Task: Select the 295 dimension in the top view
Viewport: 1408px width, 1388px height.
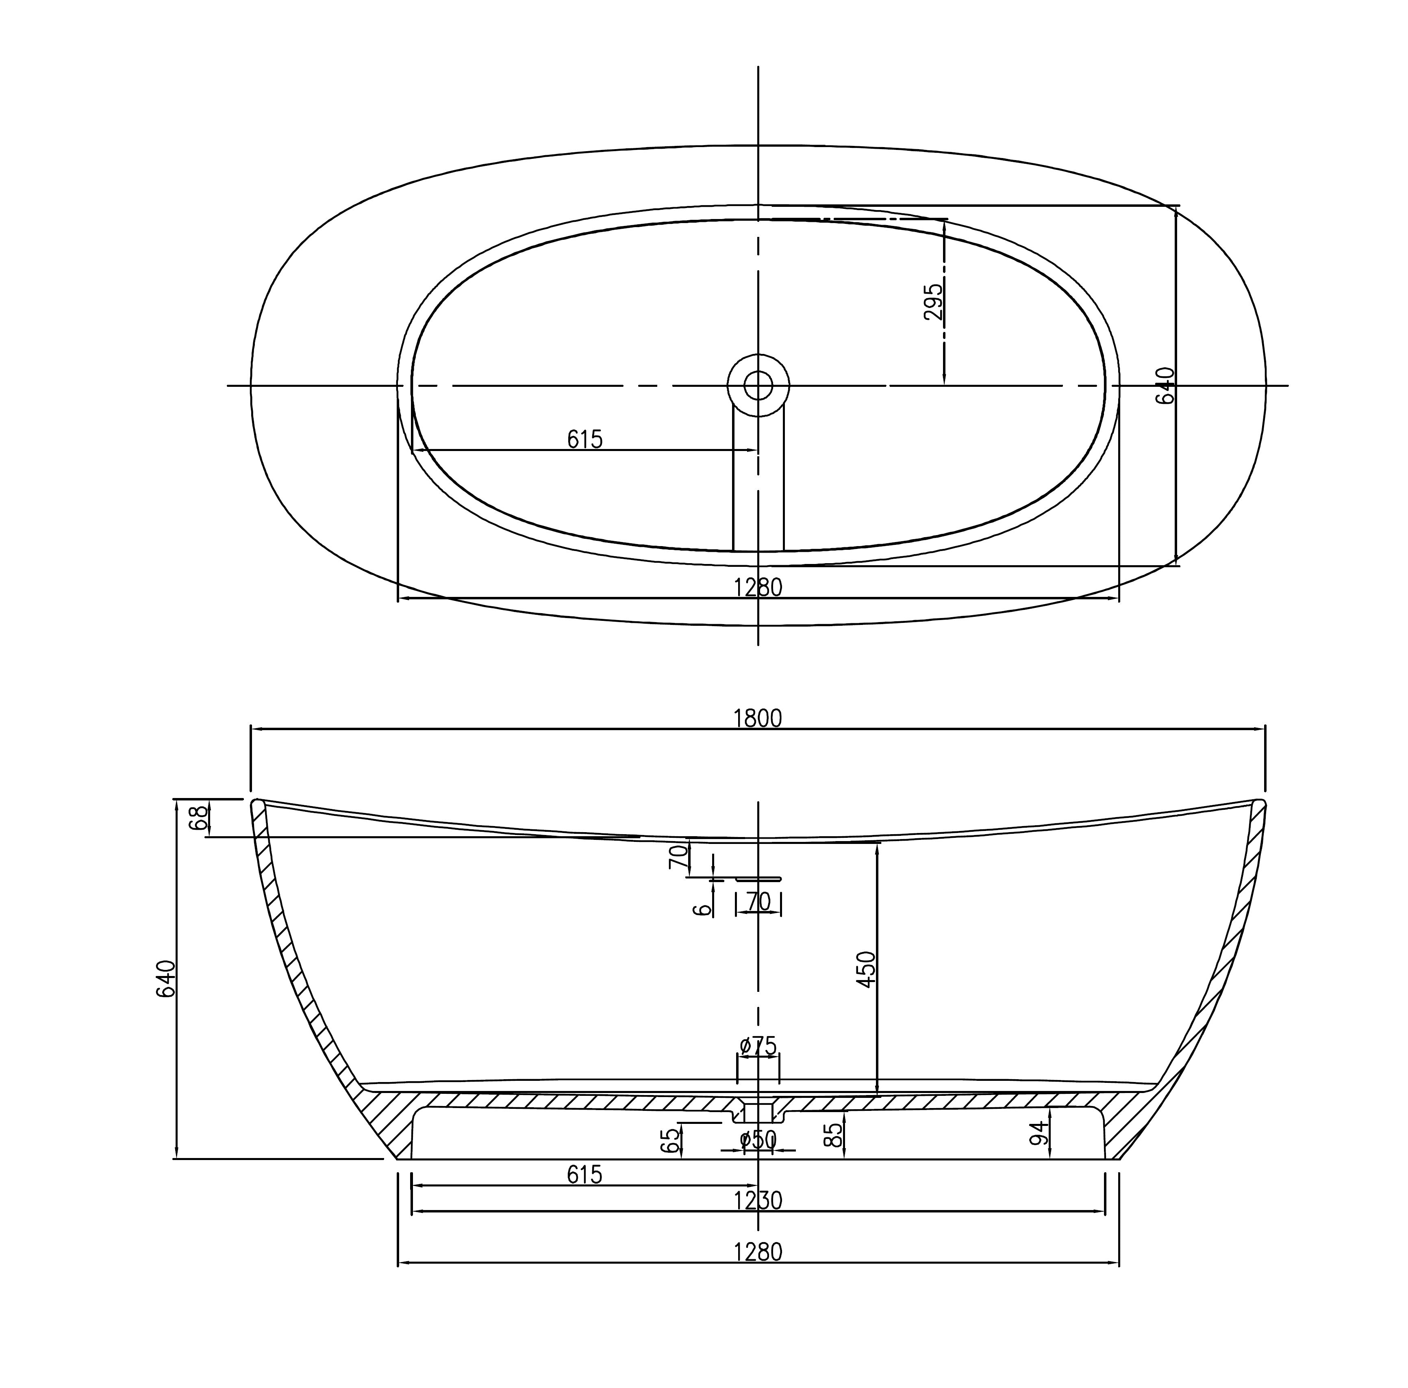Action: (933, 301)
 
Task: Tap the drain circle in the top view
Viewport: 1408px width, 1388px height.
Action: (758, 386)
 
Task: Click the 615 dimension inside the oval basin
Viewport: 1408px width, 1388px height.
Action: (585, 439)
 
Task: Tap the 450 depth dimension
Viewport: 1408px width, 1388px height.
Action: (866, 969)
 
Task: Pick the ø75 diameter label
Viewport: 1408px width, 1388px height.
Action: (758, 1046)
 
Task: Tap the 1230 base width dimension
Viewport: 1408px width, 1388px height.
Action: (758, 1200)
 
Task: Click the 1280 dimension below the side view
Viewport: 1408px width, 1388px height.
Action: (758, 1252)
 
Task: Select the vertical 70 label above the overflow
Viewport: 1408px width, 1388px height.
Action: (678, 857)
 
